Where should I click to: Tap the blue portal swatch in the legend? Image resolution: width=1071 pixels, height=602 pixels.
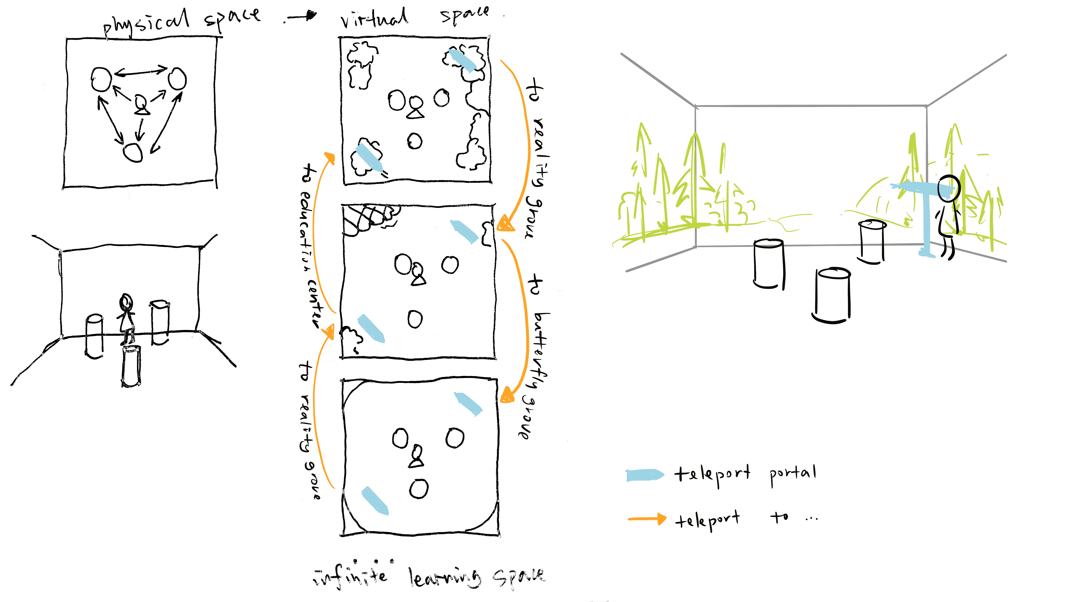tap(645, 475)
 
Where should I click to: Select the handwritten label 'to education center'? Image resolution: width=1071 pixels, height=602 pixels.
tap(311, 245)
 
